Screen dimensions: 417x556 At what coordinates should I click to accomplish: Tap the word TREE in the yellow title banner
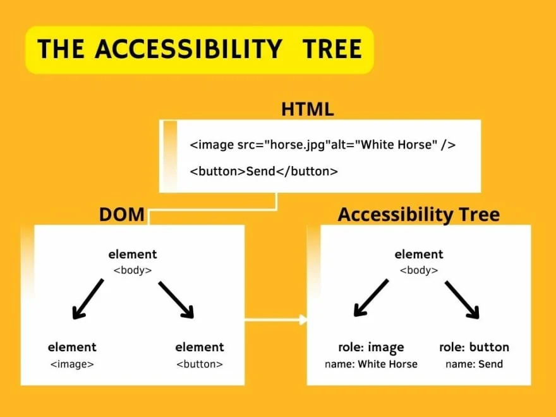click(332, 49)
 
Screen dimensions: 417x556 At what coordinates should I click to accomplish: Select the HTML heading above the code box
click(307, 109)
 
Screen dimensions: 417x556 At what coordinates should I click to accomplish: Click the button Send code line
click(264, 171)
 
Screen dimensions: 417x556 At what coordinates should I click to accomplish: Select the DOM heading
click(122, 215)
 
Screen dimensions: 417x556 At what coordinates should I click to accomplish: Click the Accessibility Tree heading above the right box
click(418, 215)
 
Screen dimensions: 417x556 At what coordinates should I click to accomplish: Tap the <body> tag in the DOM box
click(133, 270)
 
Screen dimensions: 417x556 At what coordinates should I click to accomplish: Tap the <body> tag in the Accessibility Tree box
click(419, 270)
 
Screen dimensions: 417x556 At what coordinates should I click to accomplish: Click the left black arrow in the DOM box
click(88, 299)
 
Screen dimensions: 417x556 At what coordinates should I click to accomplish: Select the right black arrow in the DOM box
click(176, 299)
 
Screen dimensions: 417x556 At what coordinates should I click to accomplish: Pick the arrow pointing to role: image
click(371, 298)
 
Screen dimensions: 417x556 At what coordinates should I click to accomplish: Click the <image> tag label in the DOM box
click(72, 364)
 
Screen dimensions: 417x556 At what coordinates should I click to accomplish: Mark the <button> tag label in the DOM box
click(200, 364)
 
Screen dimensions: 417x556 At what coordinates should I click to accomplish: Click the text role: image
click(371, 347)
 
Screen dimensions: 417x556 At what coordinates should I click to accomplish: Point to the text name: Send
click(474, 364)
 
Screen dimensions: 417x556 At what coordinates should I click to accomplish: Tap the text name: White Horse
click(371, 364)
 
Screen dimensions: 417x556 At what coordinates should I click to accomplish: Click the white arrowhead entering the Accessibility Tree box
click(303, 320)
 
